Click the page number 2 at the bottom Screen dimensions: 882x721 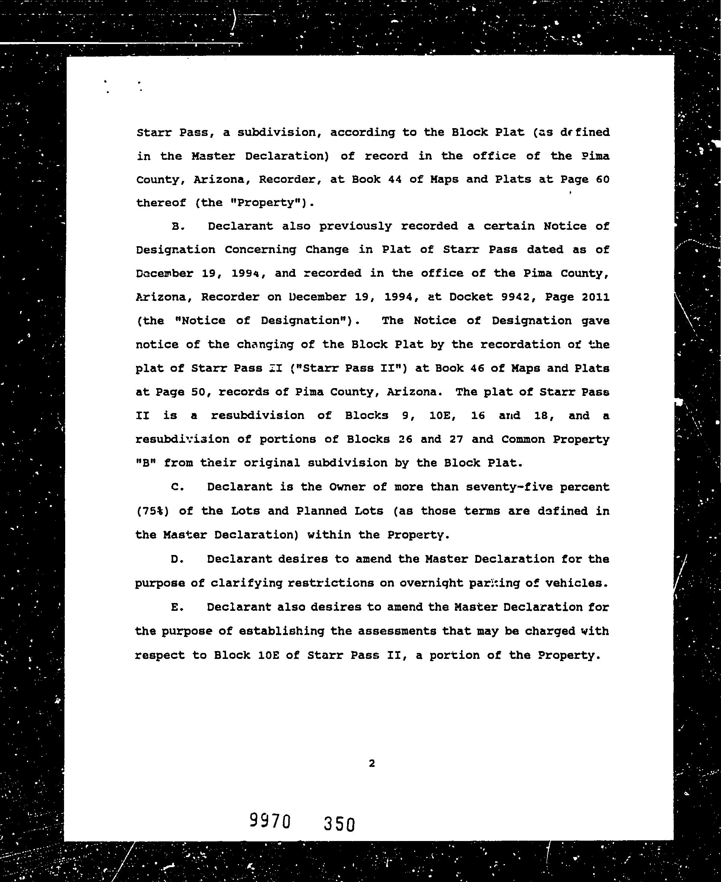[x=372, y=763]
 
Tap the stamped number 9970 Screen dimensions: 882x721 [x=270, y=821]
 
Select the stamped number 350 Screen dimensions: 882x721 [x=339, y=824]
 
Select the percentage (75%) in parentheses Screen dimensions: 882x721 [x=152, y=511]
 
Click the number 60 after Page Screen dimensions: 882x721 [x=602, y=180]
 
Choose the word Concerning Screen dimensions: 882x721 [x=260, y=250]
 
